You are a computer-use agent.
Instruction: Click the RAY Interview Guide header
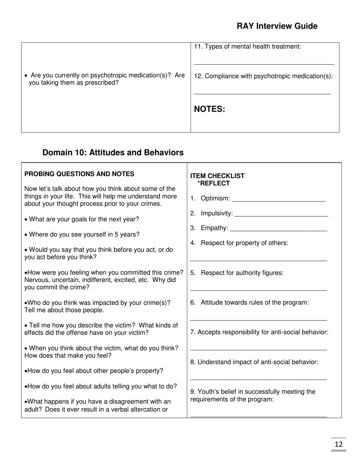point(277,26)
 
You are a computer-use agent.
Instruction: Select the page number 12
point(338,444)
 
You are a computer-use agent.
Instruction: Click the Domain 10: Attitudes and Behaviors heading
point(113,152)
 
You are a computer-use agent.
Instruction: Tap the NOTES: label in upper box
point(210,109)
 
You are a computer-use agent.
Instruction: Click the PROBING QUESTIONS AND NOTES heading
point(79,174)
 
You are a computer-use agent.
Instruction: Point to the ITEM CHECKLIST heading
point(217,176)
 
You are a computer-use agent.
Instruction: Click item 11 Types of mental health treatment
point(247,47)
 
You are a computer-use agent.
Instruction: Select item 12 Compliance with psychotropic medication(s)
point(263,76)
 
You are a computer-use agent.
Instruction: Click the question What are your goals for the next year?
point(82,219)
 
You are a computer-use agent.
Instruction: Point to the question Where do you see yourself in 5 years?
point(82,235)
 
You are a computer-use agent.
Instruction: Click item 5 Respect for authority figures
point(237,273)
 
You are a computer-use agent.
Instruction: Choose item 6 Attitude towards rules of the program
point(249,302)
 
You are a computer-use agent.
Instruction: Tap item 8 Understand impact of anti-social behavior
point(254,362)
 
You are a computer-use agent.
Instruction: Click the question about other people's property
point(94,371)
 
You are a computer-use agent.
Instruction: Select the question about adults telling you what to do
point(101,386)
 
